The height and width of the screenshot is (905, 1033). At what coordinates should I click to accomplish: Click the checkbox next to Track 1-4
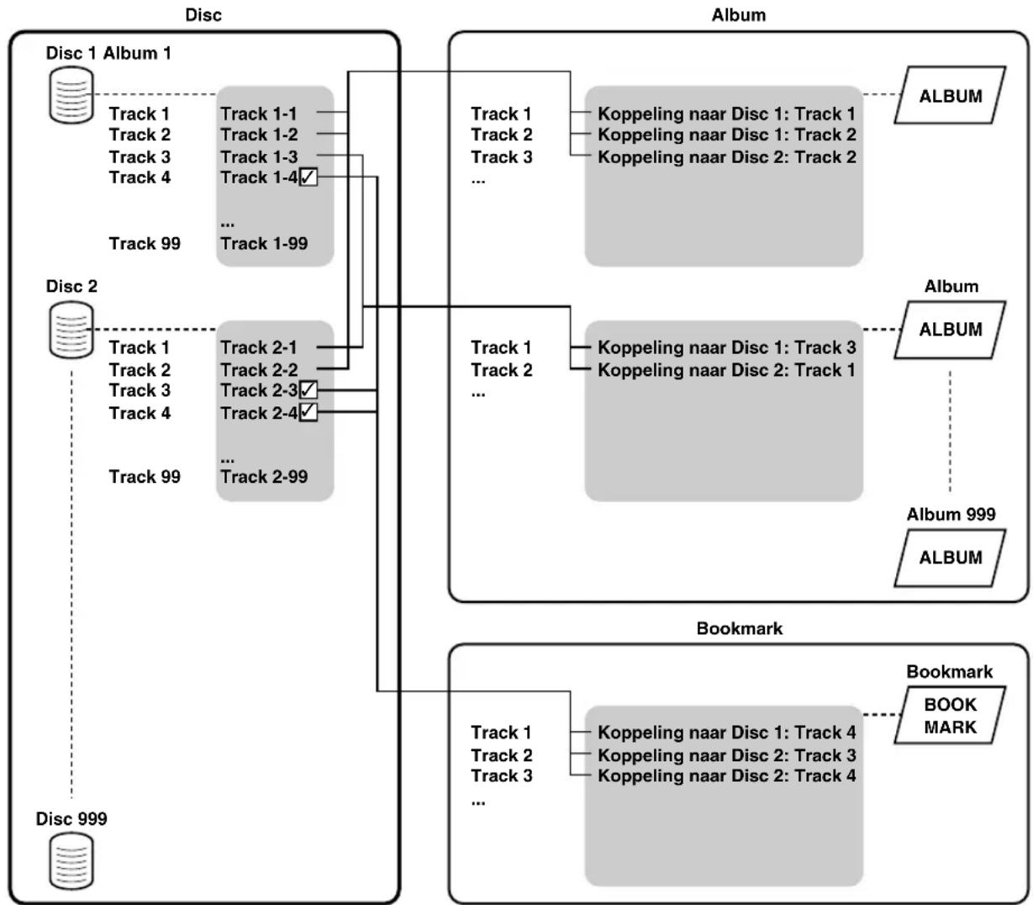308,177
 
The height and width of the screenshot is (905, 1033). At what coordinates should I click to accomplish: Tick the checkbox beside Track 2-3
308,390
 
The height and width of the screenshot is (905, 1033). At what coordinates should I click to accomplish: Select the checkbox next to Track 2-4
308,412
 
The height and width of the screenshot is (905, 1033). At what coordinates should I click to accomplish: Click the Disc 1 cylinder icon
71,95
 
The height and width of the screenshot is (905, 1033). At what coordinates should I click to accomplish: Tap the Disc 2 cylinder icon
71,329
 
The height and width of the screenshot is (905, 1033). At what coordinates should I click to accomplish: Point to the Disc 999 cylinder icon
71,861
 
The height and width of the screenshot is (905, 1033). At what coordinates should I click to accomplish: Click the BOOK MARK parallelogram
950,715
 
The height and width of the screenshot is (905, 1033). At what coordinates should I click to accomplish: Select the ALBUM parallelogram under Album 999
950,558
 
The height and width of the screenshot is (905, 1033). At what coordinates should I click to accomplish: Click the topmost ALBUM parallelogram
950,95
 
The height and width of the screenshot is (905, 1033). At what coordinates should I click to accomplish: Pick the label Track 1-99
264,243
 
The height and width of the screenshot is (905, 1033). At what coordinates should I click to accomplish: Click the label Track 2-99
264,477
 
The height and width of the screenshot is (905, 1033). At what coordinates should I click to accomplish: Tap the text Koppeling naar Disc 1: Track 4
727,733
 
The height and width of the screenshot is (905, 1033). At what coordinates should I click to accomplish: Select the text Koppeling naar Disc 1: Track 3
727,347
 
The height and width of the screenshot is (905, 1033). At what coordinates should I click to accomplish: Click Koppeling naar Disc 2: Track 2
727,157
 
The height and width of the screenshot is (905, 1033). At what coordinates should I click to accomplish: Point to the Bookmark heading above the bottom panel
739,628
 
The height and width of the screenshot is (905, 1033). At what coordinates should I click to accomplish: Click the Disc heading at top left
203,15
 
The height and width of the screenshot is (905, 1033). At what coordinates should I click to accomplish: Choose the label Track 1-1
259,114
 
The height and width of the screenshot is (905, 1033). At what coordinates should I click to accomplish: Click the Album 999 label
951,514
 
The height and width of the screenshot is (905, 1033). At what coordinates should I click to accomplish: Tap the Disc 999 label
71,818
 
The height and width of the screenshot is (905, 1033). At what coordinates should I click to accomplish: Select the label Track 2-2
259,370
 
